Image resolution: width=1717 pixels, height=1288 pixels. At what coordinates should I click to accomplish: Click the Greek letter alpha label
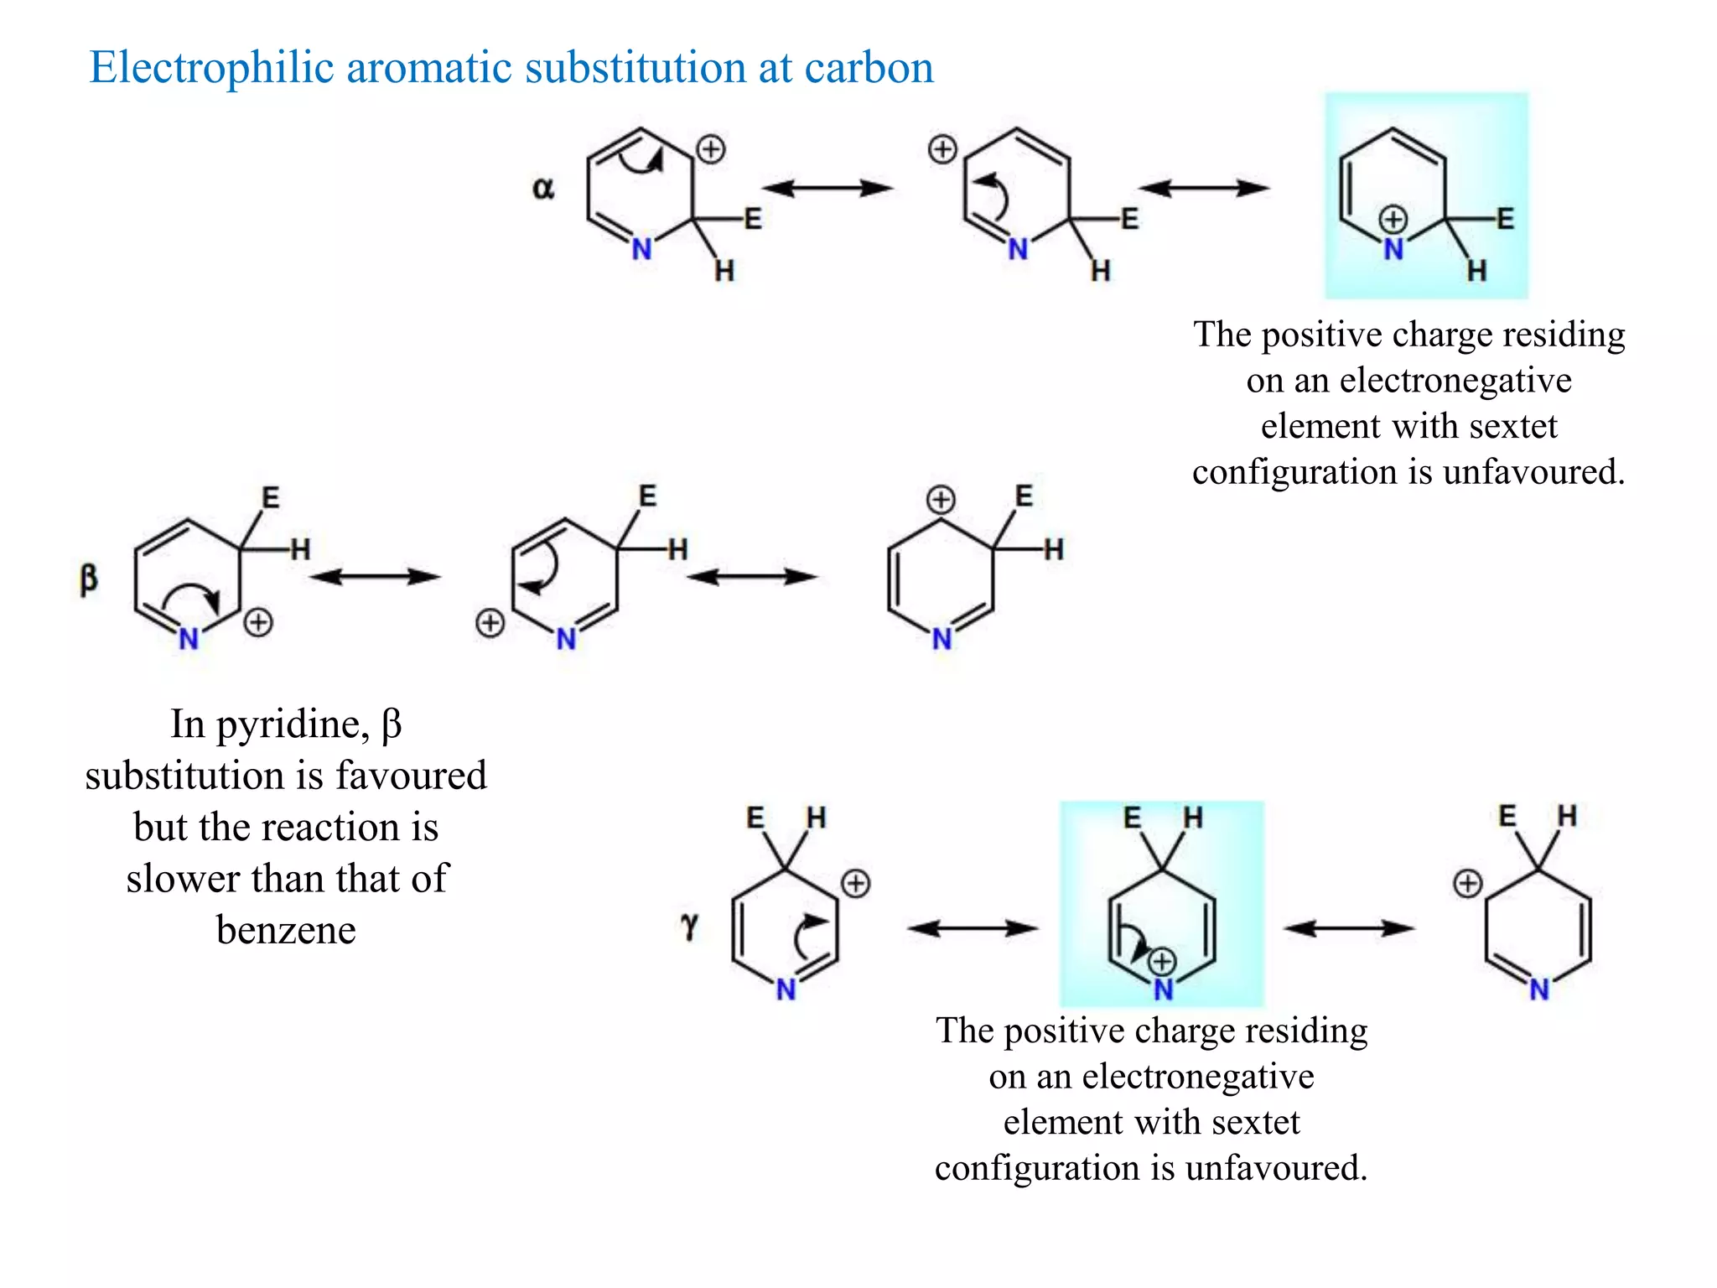(543, 189)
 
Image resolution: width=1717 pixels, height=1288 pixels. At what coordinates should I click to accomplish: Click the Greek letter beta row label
(88, 579)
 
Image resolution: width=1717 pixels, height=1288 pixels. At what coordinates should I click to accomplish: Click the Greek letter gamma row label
(689, 927)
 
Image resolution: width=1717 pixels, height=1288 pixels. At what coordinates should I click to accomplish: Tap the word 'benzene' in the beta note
(286, 930)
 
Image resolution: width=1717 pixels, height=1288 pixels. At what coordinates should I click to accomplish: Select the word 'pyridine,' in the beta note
(293, 724)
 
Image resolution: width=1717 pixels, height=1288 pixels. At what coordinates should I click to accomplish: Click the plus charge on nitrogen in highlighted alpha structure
(1393, 220)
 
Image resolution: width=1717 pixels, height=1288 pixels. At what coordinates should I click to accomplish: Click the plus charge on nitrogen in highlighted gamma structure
(1162, 961)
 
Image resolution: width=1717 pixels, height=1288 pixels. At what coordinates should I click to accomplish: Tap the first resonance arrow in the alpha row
(827, 188)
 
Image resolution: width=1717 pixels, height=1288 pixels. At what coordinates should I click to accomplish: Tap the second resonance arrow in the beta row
(751, 577)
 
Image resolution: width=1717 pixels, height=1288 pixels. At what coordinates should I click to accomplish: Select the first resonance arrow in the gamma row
(973, 927)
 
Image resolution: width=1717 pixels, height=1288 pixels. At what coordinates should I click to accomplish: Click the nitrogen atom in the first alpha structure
(641, 249)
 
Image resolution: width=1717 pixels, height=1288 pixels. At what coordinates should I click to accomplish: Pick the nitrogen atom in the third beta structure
(941, 640)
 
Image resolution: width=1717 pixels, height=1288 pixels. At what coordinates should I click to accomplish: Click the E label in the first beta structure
(270, 497)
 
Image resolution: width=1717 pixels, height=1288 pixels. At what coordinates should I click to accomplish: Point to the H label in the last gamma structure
(1567, 816)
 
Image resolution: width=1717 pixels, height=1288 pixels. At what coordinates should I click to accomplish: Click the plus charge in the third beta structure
(941, 500)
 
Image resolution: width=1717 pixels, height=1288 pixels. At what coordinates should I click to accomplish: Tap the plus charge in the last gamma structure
(1467, 883)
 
